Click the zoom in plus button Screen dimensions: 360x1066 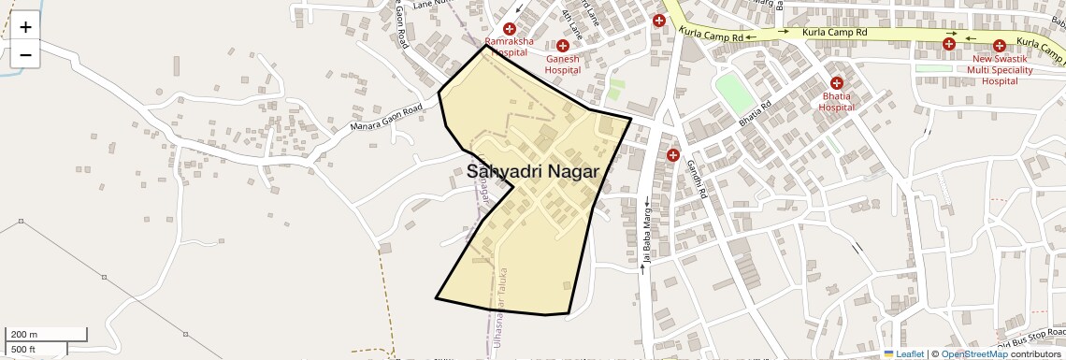25,27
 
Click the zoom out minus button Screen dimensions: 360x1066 25,54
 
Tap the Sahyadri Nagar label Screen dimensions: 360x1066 532,171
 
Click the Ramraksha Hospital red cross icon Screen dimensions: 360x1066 510,30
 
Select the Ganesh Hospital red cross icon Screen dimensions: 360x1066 563,46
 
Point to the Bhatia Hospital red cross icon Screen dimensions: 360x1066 837,83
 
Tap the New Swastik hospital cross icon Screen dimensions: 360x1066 999,45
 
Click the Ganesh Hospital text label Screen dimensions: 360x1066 563,65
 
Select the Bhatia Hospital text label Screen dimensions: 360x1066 837,101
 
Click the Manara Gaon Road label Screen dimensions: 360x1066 385,117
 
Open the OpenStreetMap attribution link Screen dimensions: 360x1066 973,353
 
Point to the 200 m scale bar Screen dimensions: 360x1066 47,335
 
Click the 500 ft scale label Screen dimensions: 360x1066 23,349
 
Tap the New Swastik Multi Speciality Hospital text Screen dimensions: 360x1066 1000,69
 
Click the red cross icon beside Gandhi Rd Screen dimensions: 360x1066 672,154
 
